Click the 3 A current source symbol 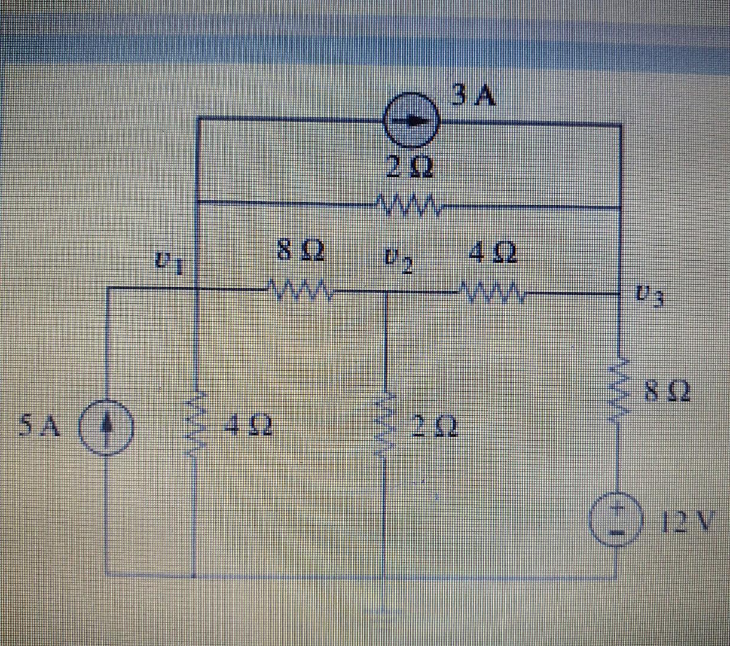click(x=411, y=120)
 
